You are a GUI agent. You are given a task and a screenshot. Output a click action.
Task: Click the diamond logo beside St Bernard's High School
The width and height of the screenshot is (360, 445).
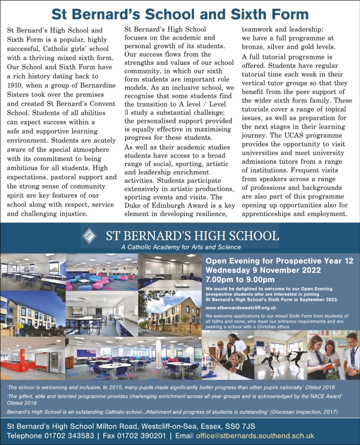pyautogui.click(x=90, y=236)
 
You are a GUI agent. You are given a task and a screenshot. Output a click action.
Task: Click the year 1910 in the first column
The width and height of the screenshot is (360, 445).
pyautogui.click(x=16, y=85)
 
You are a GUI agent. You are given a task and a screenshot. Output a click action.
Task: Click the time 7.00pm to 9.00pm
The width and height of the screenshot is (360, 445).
pyautogui.click(x=240, y=279)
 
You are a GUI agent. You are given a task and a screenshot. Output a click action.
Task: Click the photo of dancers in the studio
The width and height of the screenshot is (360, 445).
pyautogui.click(x=281, y=355)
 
